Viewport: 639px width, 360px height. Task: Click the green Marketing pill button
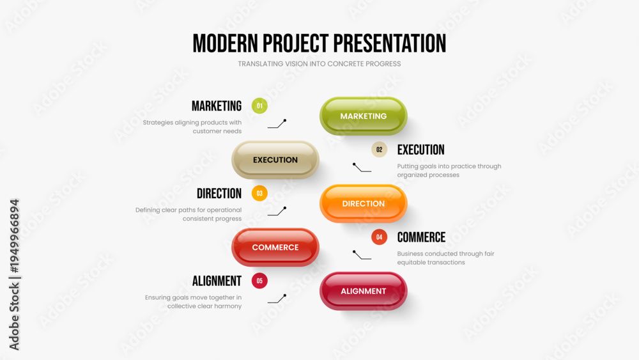[363, 116]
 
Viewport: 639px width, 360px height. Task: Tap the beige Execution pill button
[275, 160]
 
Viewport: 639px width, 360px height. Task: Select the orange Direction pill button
[363, 203]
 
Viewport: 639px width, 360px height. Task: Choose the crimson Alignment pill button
[363, 291]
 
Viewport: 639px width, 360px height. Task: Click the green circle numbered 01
[259, 106]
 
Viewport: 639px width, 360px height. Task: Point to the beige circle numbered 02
[379, 150]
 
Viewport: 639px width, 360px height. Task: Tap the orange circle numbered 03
[259, 193]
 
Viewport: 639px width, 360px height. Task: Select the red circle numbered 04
[379, 237]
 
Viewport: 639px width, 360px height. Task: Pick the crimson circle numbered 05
[259, 281]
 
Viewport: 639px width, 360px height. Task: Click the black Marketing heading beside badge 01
[217, 106]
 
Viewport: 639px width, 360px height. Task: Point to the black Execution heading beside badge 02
[420, 150]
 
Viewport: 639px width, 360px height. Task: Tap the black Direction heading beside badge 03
[219, 193]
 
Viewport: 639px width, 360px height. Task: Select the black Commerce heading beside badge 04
[421, 237]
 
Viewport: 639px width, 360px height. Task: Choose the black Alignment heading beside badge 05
[217, 281]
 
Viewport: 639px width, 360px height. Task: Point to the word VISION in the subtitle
[296, 63]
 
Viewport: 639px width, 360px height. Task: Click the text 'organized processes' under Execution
[428, 175]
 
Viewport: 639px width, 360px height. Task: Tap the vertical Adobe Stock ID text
[14, 274]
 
